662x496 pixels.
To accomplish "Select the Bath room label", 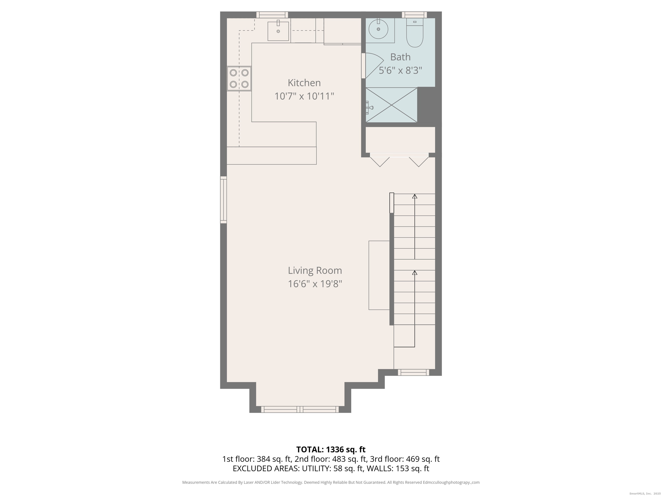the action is coord(400,57).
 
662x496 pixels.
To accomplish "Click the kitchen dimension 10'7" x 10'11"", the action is coord(304,96).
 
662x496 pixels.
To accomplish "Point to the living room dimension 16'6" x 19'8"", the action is coord(315,284).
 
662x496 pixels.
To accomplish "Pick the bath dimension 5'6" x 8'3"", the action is coord(400,71).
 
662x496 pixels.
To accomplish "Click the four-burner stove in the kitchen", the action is coord(239,79).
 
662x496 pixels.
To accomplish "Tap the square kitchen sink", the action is coord(278,31).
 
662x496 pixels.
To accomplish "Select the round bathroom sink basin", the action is coord(378,29).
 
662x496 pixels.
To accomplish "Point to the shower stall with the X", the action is coord(392,105).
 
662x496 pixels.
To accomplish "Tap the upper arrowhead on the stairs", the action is coord(414,196).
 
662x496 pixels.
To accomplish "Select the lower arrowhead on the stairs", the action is coord(414,273).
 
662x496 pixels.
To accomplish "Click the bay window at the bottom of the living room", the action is coord(300,409).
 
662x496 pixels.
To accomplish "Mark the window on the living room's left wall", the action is coord(223,200).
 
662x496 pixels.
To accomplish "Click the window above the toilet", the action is coord(414,15).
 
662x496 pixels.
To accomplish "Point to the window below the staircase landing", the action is coord(413,372).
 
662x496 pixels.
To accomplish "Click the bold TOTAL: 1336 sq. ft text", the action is coord(331,449).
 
